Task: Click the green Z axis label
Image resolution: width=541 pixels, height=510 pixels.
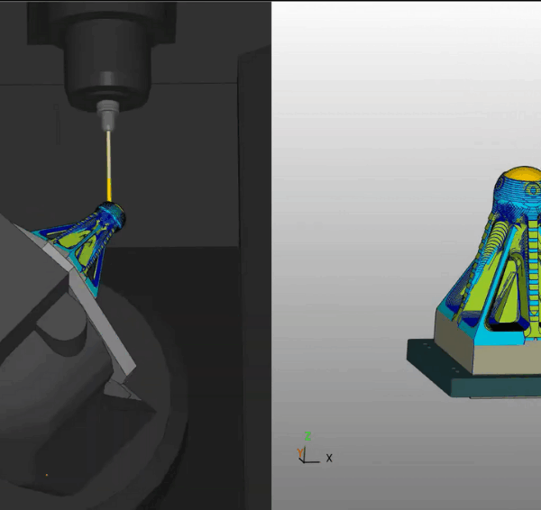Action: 308,436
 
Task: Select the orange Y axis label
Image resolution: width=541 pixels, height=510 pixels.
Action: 300,452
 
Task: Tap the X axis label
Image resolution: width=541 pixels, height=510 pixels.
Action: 329,458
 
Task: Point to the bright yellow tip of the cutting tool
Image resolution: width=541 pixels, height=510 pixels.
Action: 109,190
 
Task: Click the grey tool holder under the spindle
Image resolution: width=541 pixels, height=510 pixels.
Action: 108,115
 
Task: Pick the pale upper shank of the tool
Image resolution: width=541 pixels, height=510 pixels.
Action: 108,155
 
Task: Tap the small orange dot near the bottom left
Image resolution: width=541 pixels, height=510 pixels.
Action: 47,475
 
